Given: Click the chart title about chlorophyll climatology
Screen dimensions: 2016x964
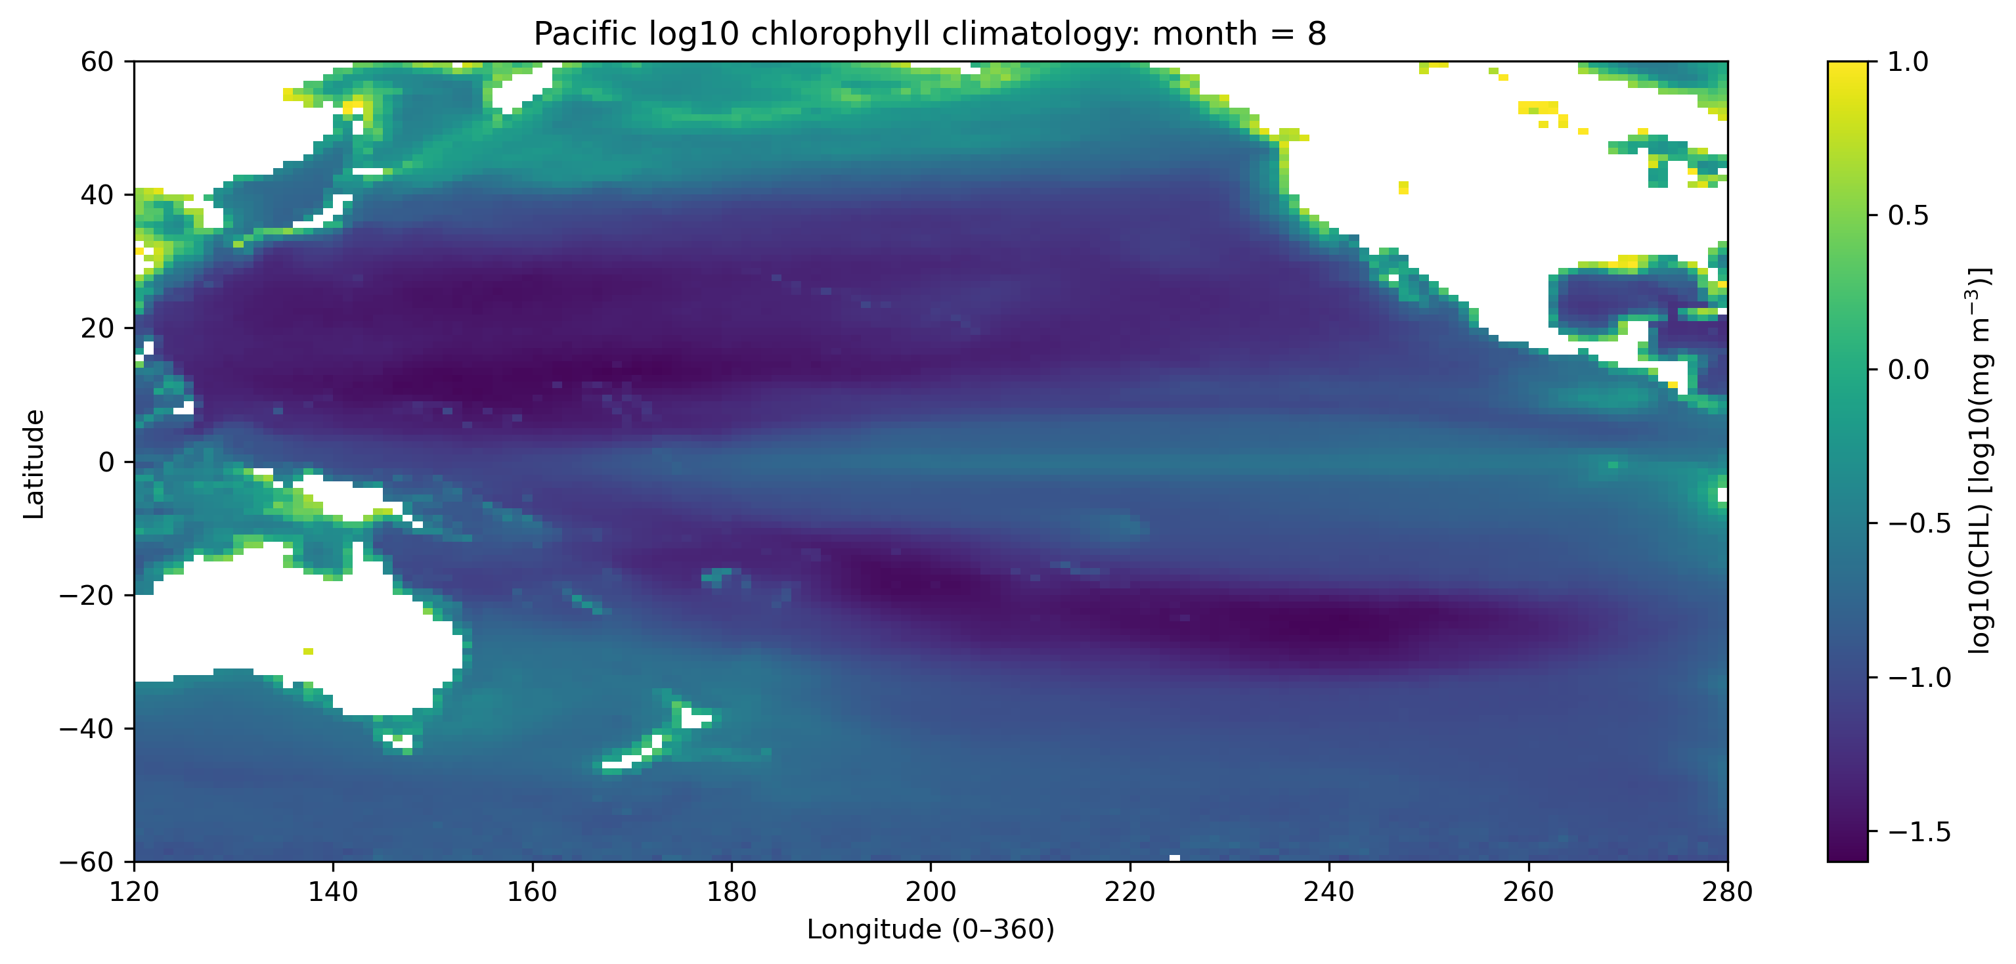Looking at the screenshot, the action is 930,33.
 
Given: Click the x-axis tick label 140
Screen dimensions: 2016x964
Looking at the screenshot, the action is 334,891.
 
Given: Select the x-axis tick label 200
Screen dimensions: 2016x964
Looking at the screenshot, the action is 931,891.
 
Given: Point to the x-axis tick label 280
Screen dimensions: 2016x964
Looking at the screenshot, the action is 1727,891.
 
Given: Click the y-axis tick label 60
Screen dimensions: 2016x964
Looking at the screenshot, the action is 97,61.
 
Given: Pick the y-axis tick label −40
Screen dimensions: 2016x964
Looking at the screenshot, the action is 87,728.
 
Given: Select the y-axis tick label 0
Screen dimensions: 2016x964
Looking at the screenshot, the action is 106,462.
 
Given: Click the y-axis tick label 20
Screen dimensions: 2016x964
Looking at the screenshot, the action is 97,328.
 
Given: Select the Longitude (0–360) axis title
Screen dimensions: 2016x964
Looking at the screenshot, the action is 931,930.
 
